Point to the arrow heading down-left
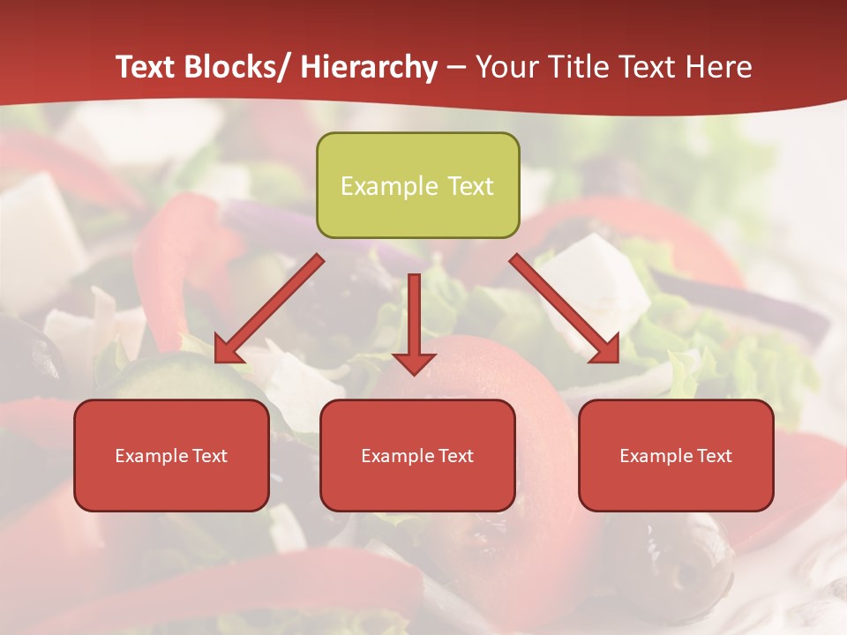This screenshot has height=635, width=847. tap(269, 309)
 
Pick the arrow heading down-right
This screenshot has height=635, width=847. tap(565, 309)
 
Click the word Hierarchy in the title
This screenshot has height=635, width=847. tap(369, 67)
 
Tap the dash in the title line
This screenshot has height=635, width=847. tap(456, 68)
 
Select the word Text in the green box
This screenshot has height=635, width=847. tap(469, 186)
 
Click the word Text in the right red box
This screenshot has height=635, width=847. tap(714, 456)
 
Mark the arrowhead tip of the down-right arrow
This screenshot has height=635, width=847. tap(617, 362)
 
